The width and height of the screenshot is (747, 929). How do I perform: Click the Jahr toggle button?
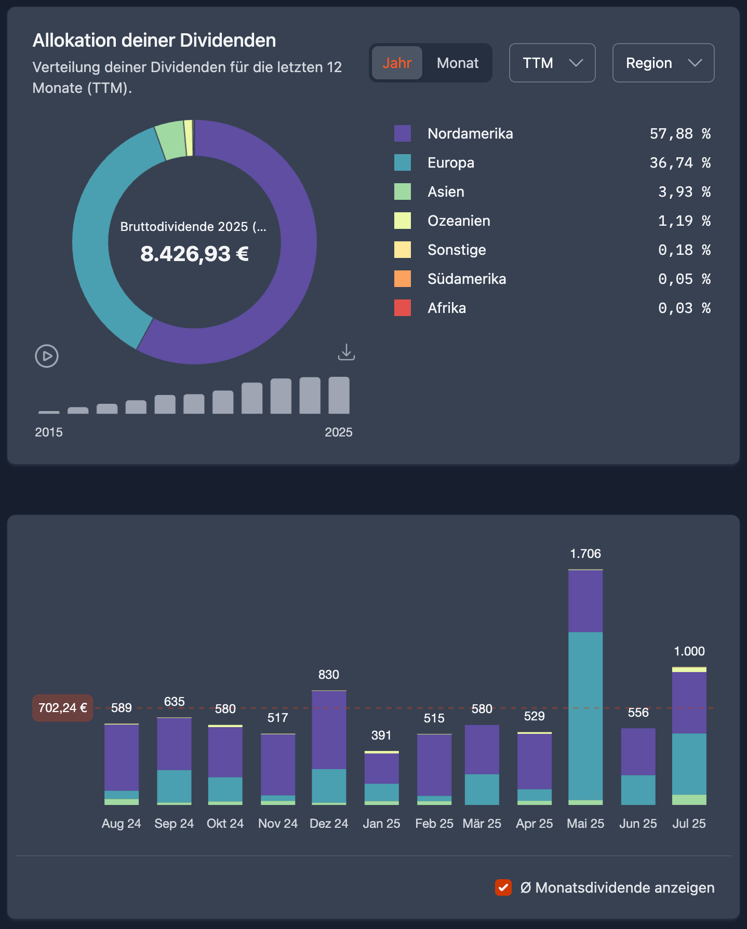pos(397,63)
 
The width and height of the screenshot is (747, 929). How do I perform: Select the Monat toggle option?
pos(457,63)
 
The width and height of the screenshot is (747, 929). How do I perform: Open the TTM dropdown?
pos(552,63)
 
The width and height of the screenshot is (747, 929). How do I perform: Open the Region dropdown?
pos(663,63)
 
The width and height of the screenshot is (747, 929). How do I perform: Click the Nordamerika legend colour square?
pos(403,133)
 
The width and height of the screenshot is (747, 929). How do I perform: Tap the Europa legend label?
pos(450,162)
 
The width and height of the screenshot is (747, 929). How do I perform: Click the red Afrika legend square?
pos(403,308)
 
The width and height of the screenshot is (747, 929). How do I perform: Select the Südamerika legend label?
pos(466,279)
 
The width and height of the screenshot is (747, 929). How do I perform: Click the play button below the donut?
pos(47,356)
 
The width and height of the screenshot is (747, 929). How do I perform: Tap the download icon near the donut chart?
pos(346,352)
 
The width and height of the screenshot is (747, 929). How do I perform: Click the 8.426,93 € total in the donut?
pos(194,254)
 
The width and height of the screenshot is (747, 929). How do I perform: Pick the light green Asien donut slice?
pos(170,140)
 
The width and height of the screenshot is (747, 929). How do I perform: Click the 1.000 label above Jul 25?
pos(689,651)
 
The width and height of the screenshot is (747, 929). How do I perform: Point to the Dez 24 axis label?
pos(329,824)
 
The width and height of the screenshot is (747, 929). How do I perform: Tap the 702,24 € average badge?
pos(63,708)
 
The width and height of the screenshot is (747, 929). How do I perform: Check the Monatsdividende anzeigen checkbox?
pos(503,887)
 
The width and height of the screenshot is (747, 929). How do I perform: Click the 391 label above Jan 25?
pos(381,735)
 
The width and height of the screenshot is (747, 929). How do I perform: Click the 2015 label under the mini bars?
pos(49,432)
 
